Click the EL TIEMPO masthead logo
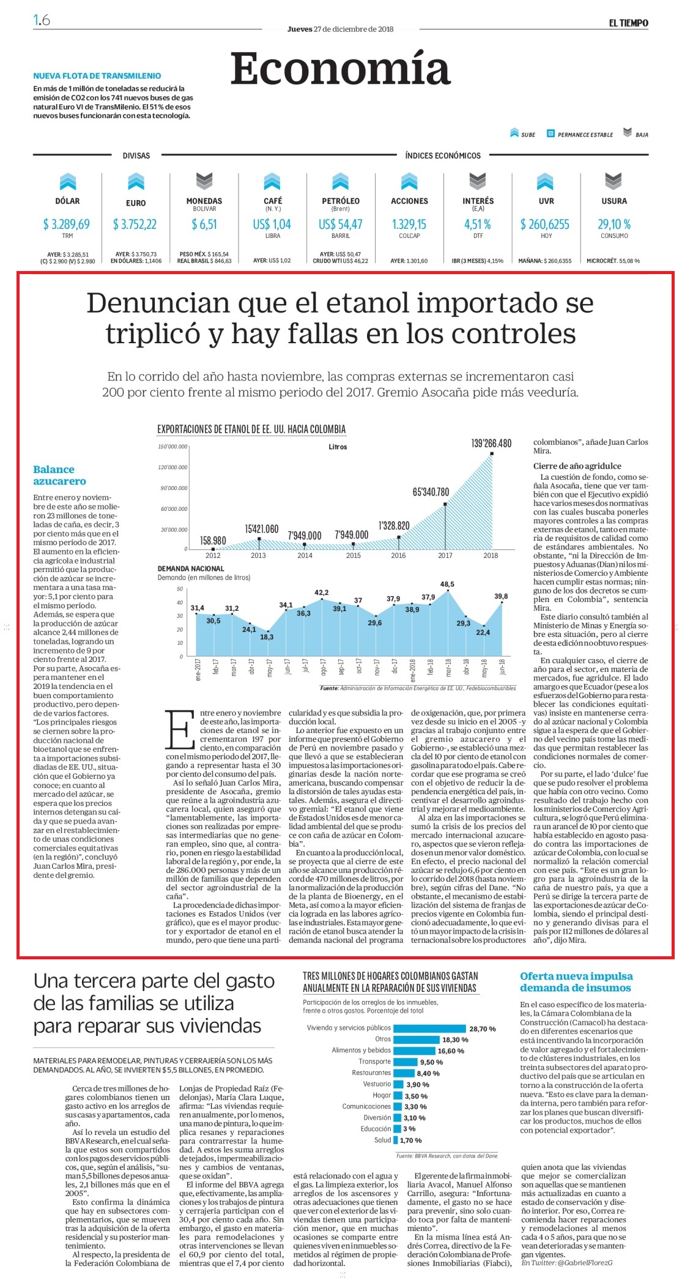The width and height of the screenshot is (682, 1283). [x=628, y=23]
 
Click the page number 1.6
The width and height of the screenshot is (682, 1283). [x=42, y=20]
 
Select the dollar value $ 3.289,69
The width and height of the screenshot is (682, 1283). [x=67, y=225]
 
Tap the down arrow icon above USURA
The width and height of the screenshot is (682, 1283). [x=613, y=182]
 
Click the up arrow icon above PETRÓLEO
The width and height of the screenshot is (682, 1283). [x=340, y=182]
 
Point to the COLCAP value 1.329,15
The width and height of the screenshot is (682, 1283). [x=409, y=225]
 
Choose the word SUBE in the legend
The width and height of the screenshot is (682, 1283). [x=528, y=135]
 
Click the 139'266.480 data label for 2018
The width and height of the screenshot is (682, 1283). [x=491, y=443]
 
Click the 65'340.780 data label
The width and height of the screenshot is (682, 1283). [x=431, y=491]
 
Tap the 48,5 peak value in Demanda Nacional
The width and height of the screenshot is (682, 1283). [x=447, y=584]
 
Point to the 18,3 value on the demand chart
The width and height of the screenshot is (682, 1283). [x=267, y=637]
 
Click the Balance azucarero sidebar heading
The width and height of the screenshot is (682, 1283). [x=59, y=475]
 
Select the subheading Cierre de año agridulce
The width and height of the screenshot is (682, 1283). [x=577, y=466]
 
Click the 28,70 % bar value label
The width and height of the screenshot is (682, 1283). [x=483, y=1029]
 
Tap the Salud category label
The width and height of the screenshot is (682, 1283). [x=383, y=1140]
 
